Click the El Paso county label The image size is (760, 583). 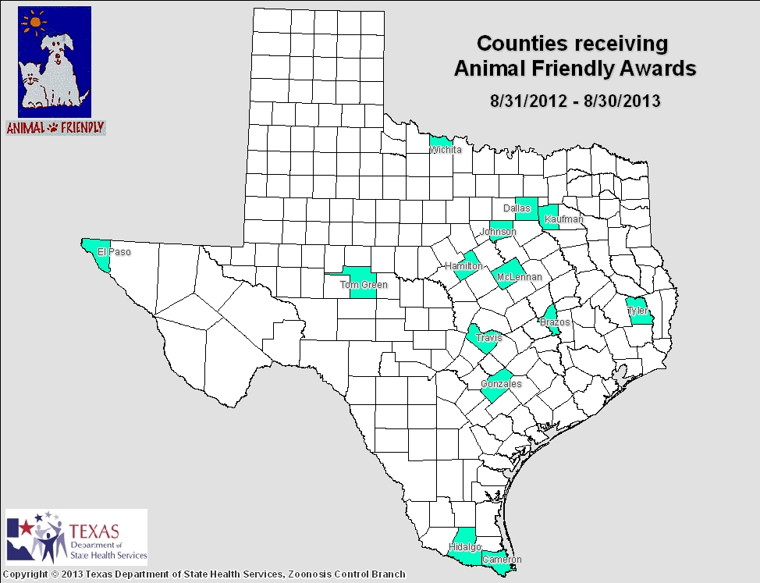point(114,252)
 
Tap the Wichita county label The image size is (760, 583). point(446,149)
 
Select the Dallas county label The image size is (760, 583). point(517,208)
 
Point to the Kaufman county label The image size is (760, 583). point(564,219)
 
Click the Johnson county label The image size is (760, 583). point(498,232)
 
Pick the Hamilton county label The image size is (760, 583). point(463,266)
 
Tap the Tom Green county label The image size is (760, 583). point(364,285)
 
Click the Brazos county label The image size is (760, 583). point(555,322)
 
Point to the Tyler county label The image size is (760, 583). point(638,311)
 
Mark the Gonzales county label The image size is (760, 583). point(500,384)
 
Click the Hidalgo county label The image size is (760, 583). point(465,547)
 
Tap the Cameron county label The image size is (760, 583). point(501,560)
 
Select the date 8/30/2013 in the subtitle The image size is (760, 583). point(623,101)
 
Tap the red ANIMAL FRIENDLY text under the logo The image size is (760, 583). point(55,127)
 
